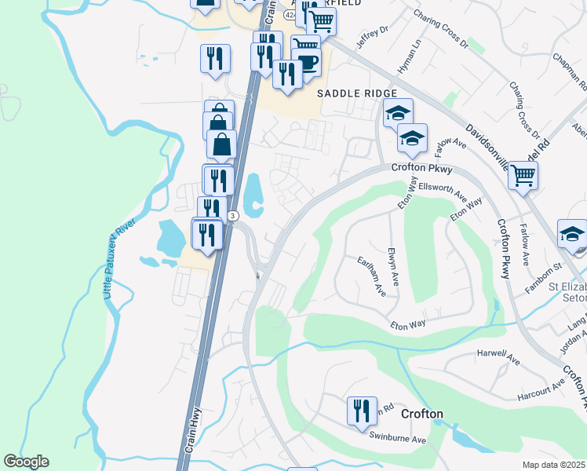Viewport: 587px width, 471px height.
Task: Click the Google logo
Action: coord(26,462)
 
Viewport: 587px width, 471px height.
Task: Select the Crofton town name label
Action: coord(421,414)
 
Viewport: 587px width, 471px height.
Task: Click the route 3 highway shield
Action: coord(233,216)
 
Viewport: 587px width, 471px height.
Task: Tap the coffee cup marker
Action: coord(305,64)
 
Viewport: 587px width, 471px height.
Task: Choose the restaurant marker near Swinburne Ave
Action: coord(361,411)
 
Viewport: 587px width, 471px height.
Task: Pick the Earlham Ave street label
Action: coord(370,276)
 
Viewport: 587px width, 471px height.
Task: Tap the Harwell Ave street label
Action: coord(499,358)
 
